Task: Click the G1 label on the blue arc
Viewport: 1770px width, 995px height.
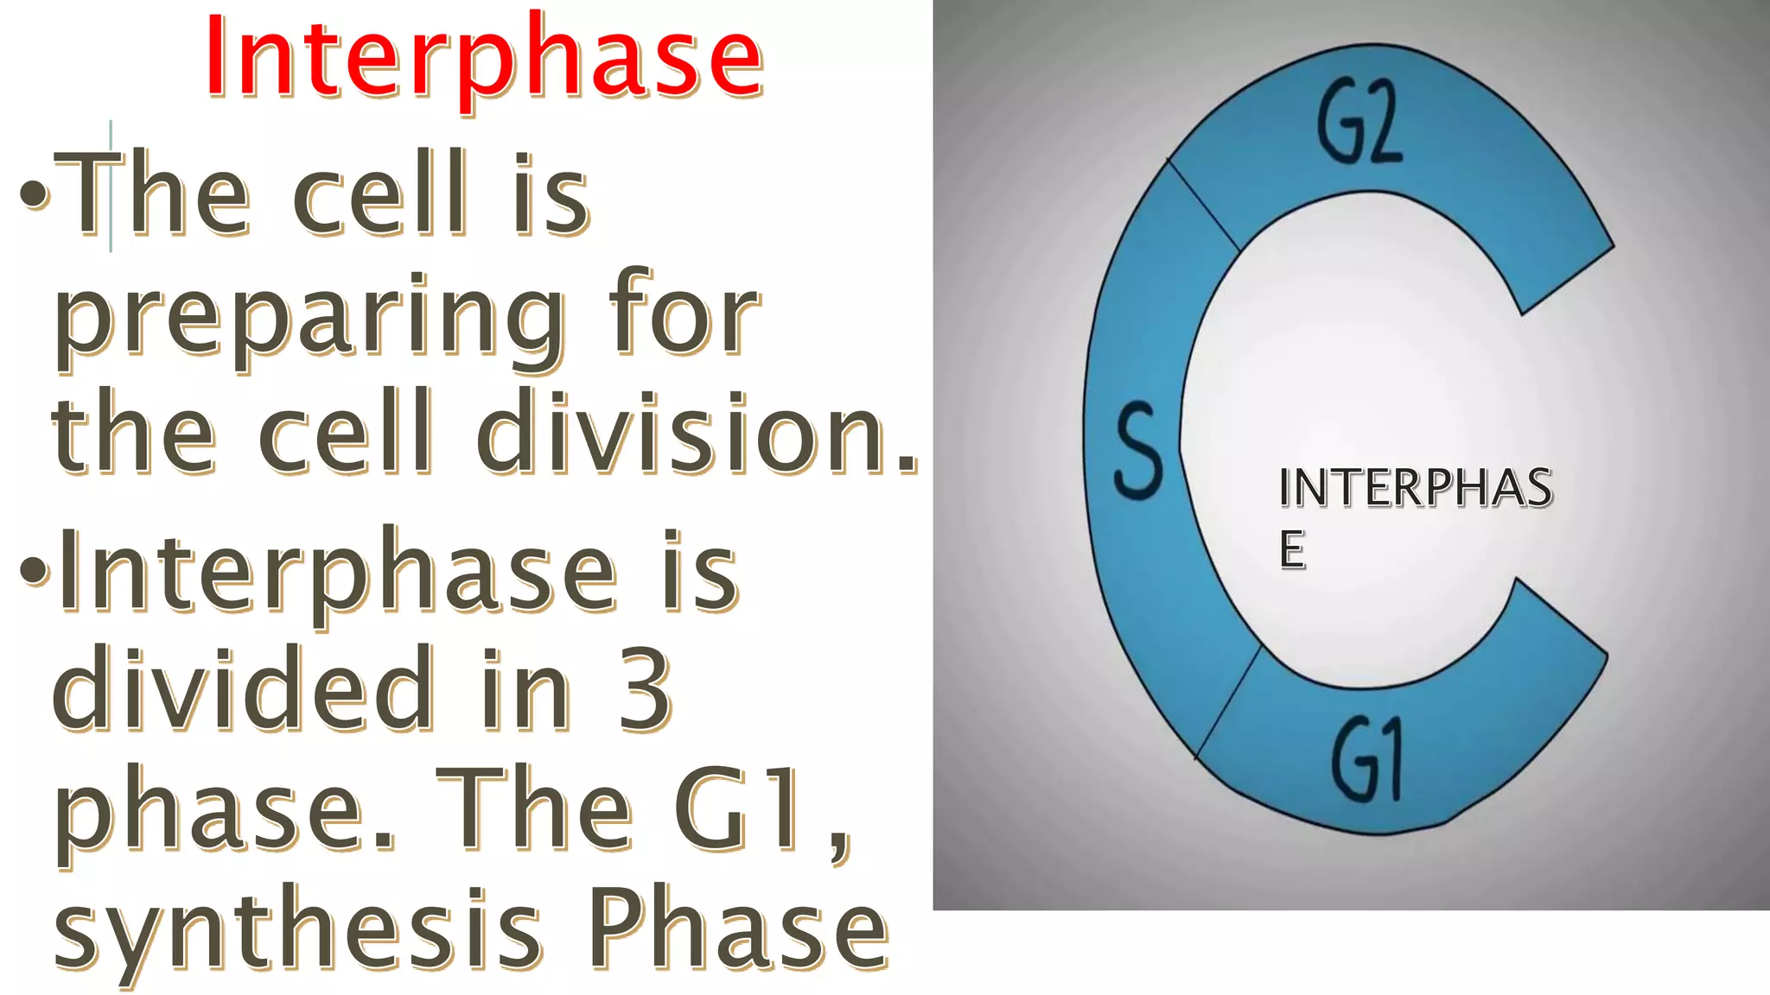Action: (x=1366, y=761)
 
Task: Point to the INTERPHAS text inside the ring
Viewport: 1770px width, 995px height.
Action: (x=1415, y=488)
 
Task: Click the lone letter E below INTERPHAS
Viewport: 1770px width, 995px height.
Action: (x=1292, y=549)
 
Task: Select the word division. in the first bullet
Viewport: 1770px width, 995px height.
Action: (x=696, y=432)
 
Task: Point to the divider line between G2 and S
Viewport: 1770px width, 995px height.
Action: (x=1204, y=205)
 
